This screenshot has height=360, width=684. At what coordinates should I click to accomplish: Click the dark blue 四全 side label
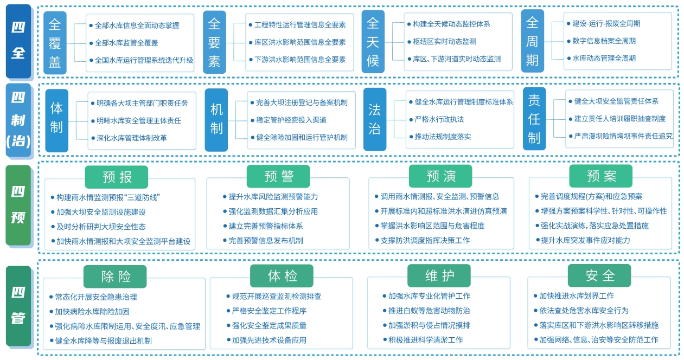tap(18, 41)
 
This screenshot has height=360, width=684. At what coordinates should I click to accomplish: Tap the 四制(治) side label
tap(18, 120)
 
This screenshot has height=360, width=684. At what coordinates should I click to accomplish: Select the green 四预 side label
tap(18, 205)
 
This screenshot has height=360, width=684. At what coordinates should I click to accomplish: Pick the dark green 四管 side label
tap(18, 306)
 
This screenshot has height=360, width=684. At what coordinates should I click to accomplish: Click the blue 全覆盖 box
tap(55, 43)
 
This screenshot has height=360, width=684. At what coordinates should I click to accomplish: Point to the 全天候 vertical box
tap(373, 42)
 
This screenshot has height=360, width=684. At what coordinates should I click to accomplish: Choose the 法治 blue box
tap(375, 119)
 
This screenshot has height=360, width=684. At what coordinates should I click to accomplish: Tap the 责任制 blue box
tap(534, 119)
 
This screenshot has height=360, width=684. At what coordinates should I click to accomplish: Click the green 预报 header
tap(116, 177)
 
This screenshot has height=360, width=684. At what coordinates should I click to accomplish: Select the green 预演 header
tap(440, 176)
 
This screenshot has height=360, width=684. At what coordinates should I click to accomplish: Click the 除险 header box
tap(115, 277)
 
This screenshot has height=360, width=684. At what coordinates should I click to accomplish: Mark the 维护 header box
tap(439, 275)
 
